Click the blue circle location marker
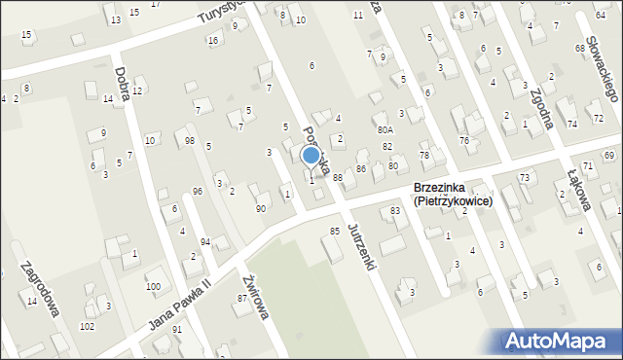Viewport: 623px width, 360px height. pyautogui.click(x=311, y=155)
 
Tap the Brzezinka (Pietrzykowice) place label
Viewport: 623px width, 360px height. pyautogui.click(x=453, y=195)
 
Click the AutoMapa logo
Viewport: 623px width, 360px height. pyautogui.click(x=561, y=341)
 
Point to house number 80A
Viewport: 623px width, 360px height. pyautogui.click(x=385, y=129)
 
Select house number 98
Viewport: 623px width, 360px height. pyautogui.click(x=189, y=141)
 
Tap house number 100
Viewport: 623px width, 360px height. pyautogui.click(x=153, y=287)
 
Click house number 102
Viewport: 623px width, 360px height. pyautogui.click(x=88, y=327)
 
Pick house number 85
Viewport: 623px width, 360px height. pyautogui.click(x=335, y=232)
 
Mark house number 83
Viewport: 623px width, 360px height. pyautogui.click(x=396, y=211)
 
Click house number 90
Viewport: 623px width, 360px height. pyautogui.click(x=261, y=209)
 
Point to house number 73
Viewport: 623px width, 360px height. pyautogui.click(x=524, y=177)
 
